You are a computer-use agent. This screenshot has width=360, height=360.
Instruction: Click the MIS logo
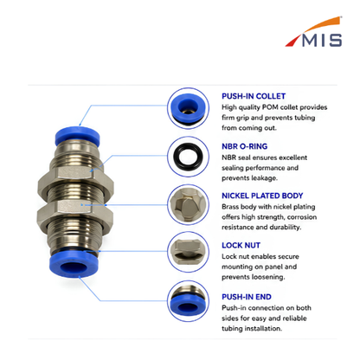pyautogui.click(x=314, y=32)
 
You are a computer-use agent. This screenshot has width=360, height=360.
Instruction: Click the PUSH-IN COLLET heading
pyautogui.click(x=254, y=96)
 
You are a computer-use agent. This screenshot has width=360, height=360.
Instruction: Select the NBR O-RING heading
pyautogui.click(x=244, y=146)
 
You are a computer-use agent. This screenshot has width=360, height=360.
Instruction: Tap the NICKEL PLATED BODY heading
pyautogui.click(x=262, y=196)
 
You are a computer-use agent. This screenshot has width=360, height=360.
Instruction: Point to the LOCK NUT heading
pyautogui.click(x=241, y=245)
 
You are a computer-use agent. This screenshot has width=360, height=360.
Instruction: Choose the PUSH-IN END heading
pyautogui.click(x=247, y=297)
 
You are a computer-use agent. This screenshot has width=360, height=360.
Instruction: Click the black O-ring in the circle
pyautogui.click(x=188, y=157)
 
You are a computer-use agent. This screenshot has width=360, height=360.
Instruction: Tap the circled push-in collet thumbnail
pyautogui.click(x=188, y=108)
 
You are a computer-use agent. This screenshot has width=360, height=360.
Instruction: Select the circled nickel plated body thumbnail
pyautogui.click(x=188, y=205)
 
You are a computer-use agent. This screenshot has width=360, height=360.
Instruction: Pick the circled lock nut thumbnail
pyautogui.click(x=188, y=252)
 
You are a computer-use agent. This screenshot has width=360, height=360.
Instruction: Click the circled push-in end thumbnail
pyautogui.click(x=188, y=301)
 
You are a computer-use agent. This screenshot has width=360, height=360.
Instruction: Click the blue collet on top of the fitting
pyautogui.click(x=77, y=136)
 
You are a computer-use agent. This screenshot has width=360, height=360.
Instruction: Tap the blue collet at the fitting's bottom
pyautogui.click(x=74, y=263)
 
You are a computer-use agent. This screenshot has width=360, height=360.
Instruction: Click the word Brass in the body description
pyautogui.click(x=230, y=207)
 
